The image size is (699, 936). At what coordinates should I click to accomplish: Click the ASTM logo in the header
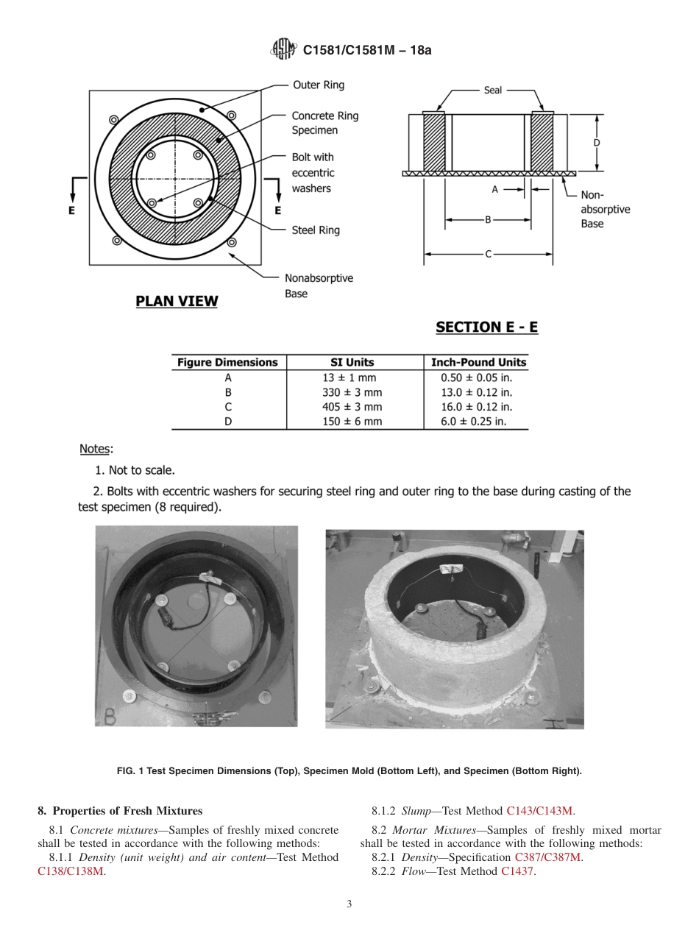pos(283,50)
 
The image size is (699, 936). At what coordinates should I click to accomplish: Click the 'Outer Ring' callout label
pos(319,85)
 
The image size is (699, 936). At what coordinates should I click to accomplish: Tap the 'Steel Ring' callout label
pos(316,230)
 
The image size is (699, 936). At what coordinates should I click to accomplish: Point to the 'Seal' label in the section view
pos(493,90)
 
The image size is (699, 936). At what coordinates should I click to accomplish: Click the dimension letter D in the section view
pos(597,143)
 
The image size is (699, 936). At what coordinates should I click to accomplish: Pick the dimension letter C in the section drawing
pos(488,254)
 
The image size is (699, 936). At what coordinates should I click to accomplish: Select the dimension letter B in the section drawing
pos(488,219)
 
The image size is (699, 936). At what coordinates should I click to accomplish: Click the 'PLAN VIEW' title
pos(177,301)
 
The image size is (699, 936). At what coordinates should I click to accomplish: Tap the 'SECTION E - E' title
pos(486,327)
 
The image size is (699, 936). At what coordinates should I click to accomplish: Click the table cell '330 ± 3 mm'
pos(352,392)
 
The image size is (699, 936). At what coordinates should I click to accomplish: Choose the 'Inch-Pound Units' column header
pos(478,362)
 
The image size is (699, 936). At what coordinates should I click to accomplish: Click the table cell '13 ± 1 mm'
pos(352,377)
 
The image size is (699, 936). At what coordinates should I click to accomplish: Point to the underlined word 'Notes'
pos(95,449)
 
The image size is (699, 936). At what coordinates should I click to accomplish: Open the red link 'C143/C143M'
pos(539,811)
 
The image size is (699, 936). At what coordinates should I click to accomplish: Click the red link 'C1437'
pos(518,871)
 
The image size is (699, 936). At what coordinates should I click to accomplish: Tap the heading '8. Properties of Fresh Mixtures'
pos(119,811)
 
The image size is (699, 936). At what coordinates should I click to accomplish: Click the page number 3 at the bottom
pos(349,904)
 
